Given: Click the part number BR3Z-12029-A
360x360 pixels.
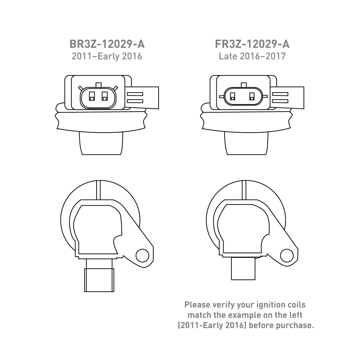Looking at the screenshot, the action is click(x=107, y=44).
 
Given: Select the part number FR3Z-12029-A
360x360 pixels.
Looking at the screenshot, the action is click(x=252, y=44).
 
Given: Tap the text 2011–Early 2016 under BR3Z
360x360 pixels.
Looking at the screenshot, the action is click(x=107, y=56).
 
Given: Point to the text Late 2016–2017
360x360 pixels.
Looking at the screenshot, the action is click(x=252, y=56).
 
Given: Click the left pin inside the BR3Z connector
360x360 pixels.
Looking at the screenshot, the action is click(x=92, y=96).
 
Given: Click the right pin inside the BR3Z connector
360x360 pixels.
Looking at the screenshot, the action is click(x=105, y=96).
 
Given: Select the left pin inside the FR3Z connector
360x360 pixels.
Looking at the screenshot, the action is click(x=232, y=97).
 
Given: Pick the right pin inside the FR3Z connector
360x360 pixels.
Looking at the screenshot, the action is click(x=252, y=97).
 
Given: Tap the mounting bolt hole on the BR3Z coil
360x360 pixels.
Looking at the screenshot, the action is click(x=142, y=256).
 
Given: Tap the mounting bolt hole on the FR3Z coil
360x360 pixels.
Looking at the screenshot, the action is click(x=287, y=255).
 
